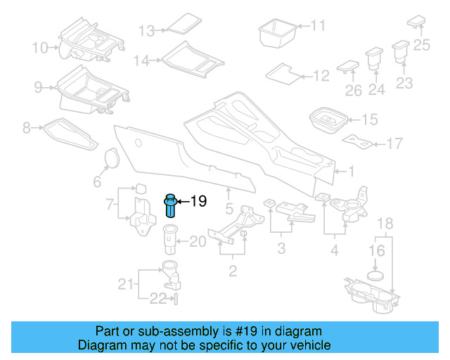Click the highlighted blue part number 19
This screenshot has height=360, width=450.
[x=171, y=206]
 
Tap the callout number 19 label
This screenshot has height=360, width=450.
[x=198, y=202]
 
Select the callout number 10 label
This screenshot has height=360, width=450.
[x=40, y=48]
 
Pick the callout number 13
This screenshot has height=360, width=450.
[x=146, y=31]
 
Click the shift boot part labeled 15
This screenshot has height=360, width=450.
[x=327, y=120]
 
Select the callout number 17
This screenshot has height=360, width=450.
[x=394, y=143]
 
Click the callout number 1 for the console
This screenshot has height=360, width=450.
[x=352, y=171]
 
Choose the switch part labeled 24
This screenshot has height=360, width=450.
[x=372, y=58]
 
